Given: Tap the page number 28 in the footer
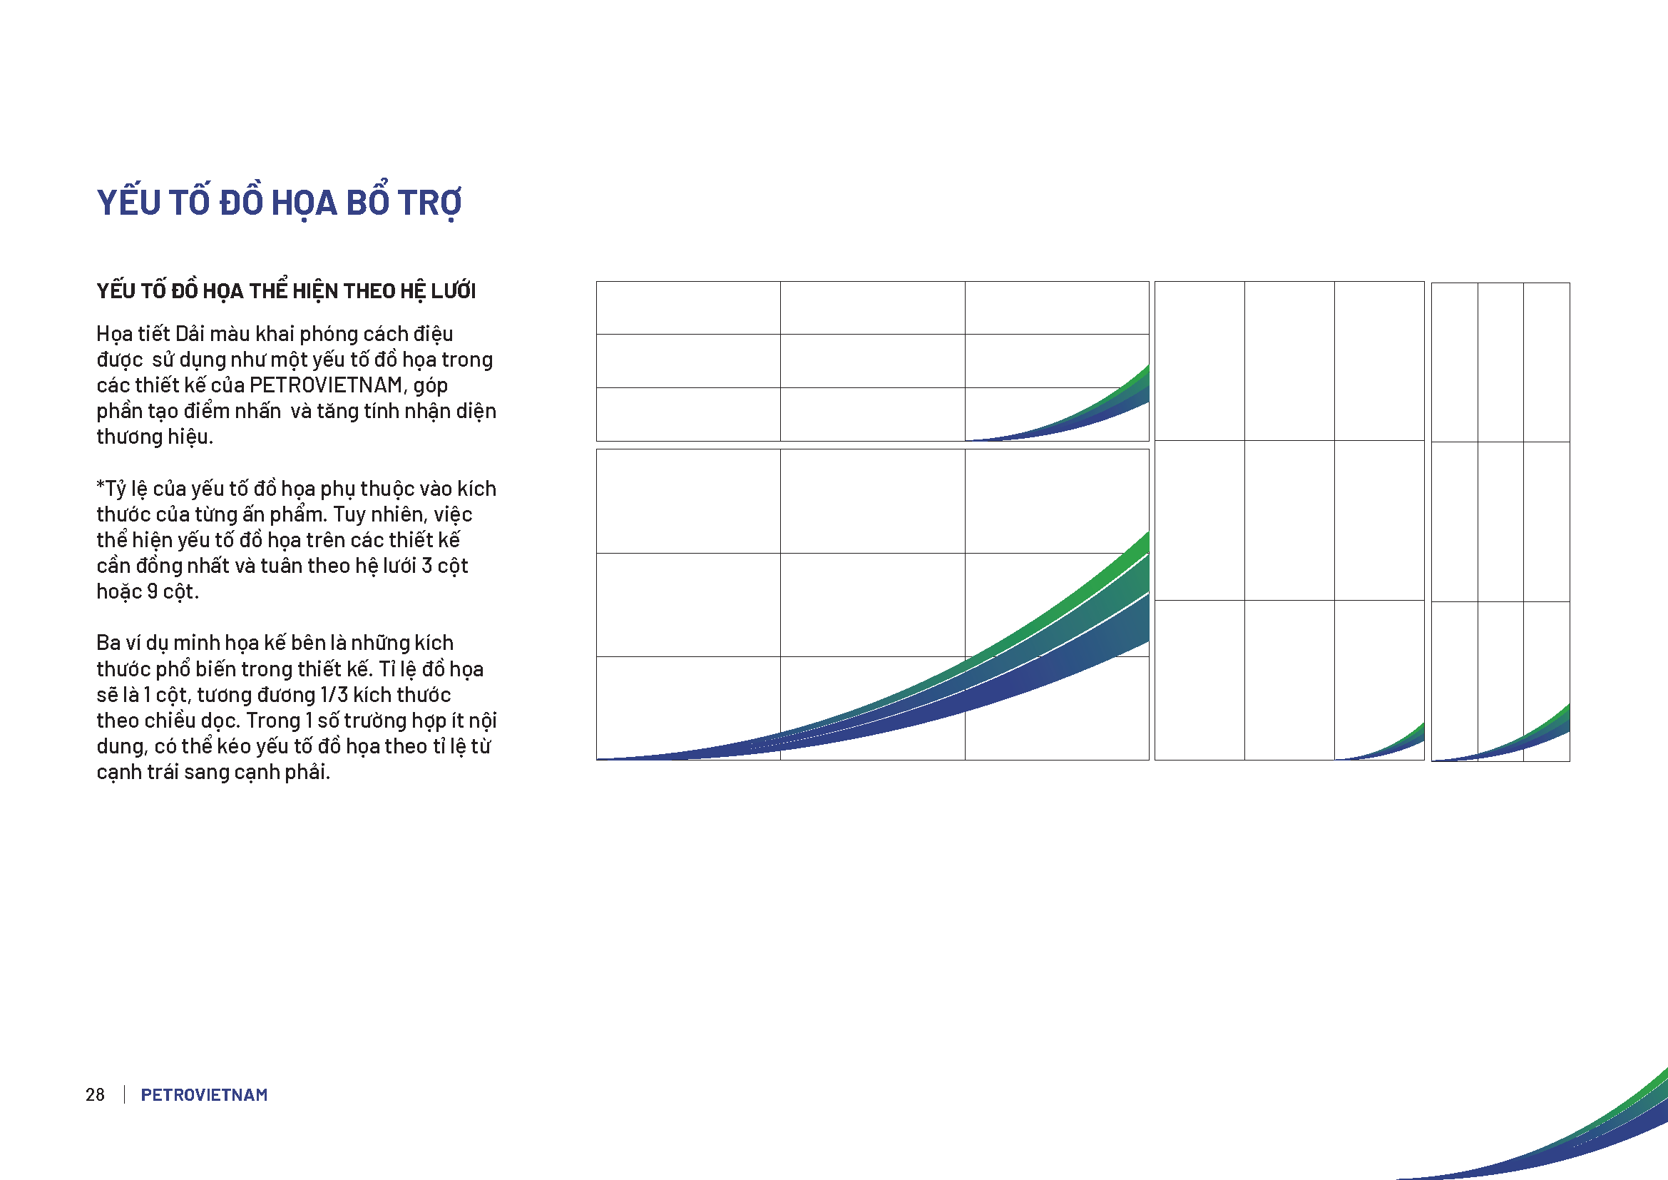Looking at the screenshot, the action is click(x=95, y=1094).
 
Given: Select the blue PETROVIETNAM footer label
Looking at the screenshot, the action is click(x=204, y=1094).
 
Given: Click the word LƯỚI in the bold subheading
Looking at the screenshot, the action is click(x=454, y=290).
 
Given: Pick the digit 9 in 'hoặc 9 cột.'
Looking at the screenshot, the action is click(x=153, y=591).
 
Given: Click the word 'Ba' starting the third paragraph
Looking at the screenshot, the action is click(x=108, y=643).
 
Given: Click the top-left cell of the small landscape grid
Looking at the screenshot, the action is click(x=689, y=308).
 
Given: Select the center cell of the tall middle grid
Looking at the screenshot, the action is click(x=1289, y=520).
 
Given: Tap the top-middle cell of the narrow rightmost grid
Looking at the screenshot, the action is click(x=1501, y=362).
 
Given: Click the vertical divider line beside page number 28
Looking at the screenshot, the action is click(x=125, y=1094).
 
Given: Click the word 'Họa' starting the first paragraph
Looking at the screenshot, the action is click(x=113, y=334).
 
